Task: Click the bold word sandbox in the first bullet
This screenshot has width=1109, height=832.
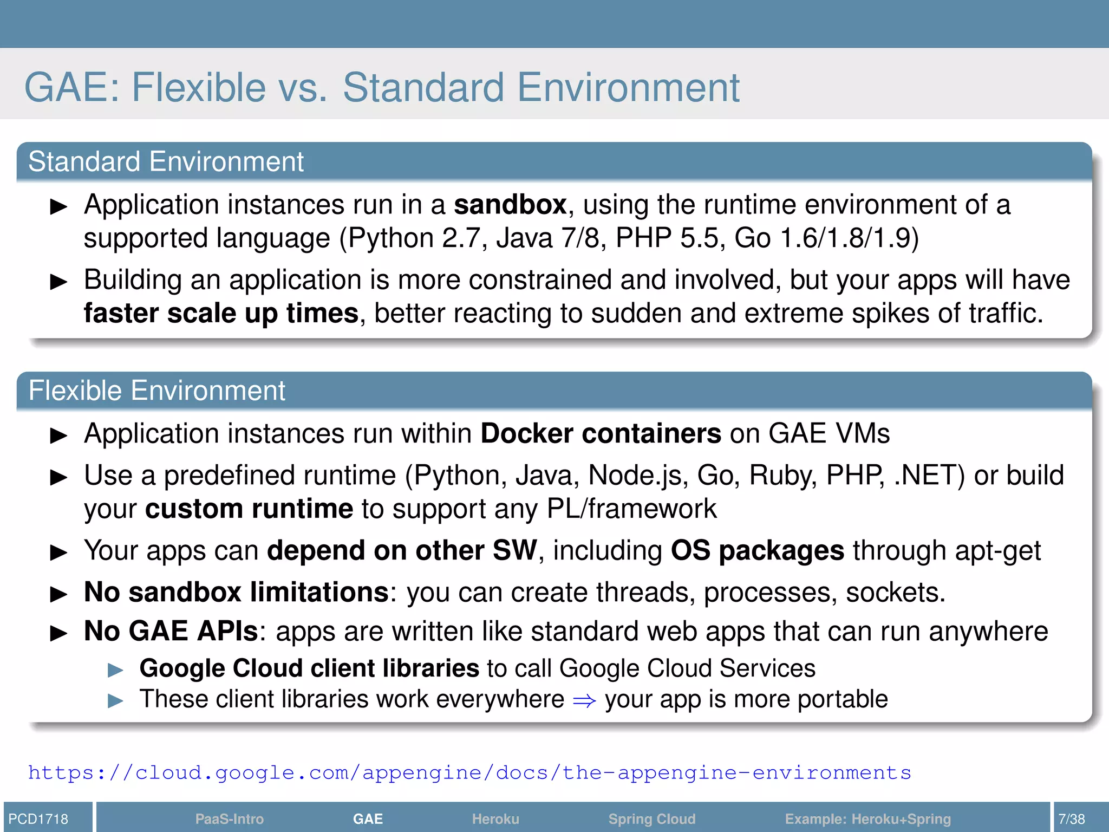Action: coord(510,205)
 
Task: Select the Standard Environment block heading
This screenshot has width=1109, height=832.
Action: coord(166,161)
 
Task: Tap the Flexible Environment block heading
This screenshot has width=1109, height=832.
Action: coord(156,391)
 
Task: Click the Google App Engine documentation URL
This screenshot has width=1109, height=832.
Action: coord(469,772)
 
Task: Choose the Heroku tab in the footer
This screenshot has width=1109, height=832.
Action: coord(495,818)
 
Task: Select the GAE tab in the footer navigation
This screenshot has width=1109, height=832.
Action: coord(368,818)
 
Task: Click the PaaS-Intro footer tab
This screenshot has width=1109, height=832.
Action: coord(229,818)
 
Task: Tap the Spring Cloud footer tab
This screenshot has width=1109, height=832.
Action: coord(651,818)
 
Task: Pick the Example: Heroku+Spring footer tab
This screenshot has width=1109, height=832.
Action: coord(867,818)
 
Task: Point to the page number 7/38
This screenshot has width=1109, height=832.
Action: coord(1071,818)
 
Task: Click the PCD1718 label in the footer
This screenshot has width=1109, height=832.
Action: coord(38,818)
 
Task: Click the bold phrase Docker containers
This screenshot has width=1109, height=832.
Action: coord(601,433)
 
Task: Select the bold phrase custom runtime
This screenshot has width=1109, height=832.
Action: coord(249,509)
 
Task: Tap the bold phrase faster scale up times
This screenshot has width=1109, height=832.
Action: coord(221,313)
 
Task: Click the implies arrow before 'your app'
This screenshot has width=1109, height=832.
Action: coord(584,701)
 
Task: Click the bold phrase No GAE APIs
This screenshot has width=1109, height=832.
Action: coord(171,631)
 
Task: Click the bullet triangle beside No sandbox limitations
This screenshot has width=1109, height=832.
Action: coord(58,594)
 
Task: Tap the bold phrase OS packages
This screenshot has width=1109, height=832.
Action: coord(757,551)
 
